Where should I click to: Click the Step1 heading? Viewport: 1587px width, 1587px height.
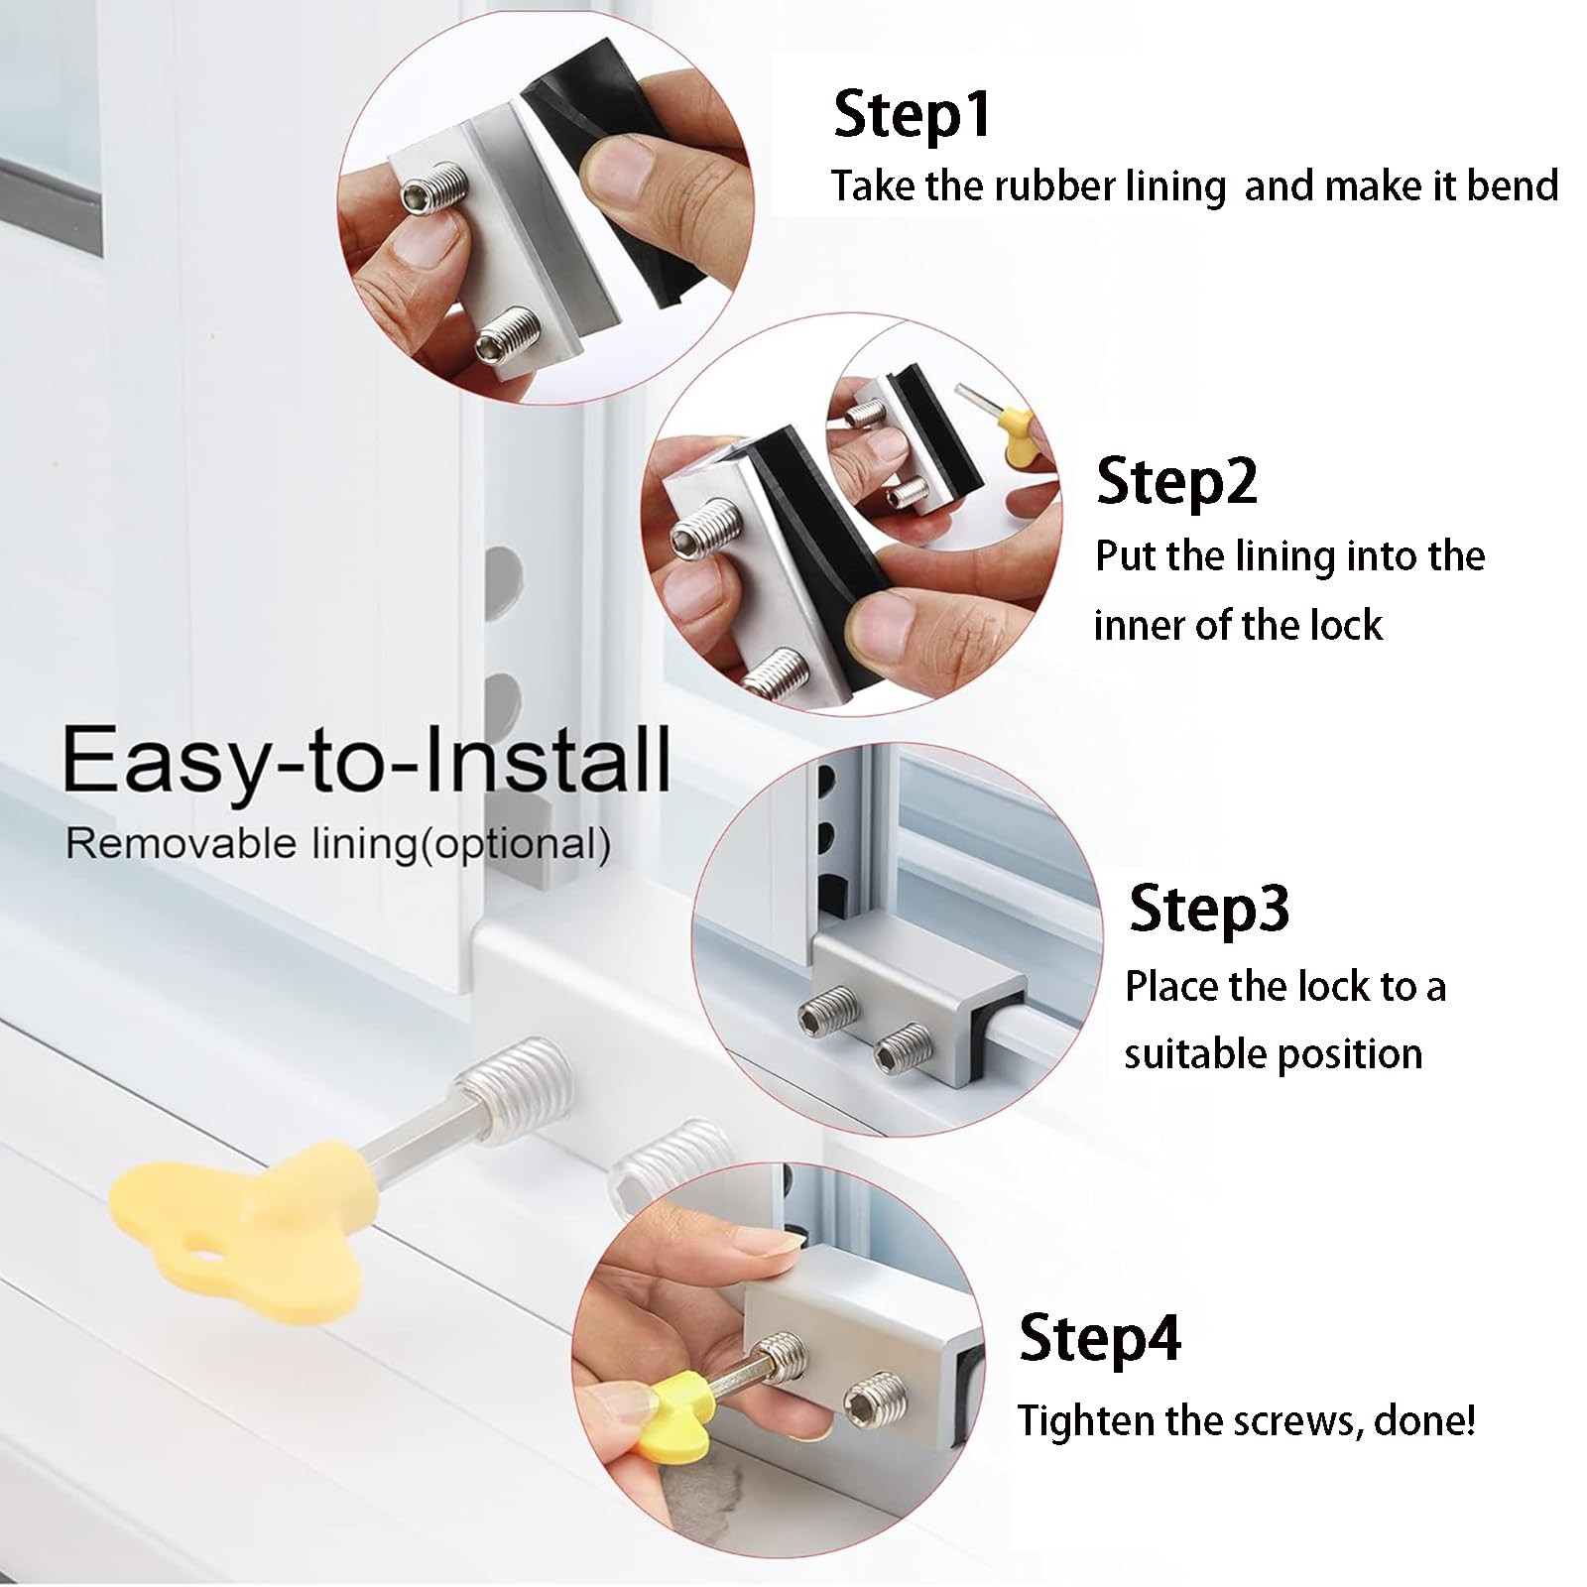[912, 114]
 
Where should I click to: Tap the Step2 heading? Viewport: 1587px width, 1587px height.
[1176, 481]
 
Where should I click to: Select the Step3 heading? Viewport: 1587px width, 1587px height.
[1209, 908]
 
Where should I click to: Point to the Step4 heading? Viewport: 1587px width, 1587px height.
[1100, 1338]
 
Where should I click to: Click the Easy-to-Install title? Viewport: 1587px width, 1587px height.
[366, 759]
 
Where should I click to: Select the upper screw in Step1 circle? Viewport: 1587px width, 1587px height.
[430, 189]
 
